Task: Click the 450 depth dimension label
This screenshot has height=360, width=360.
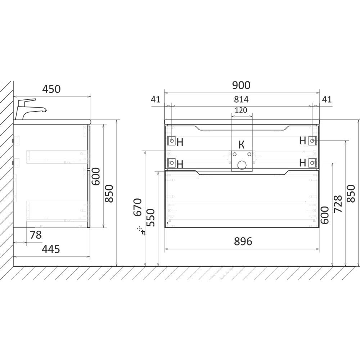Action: pyautogui.click(x=51, y=89)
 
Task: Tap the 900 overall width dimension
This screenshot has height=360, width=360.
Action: pyautogui.click(x=241, y=85)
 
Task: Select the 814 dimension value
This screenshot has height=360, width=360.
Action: pyautogui.click(x=241, y=99)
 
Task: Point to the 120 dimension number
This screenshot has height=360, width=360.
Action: pyautogui.click(x=241, y=110)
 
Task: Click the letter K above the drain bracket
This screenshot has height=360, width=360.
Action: pyautogui.click(x=242, y=145)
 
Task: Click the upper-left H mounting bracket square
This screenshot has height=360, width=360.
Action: pyautogui.click(x=171, y=140)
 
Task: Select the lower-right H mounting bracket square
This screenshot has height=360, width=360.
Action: pyautogui.click(x=312, y=163)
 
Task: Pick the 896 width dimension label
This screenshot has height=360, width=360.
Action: pyautogui.click(x=243, y=242)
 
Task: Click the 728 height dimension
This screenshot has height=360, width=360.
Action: pyautogui.click(x=338, y=204)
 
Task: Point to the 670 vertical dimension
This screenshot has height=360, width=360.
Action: pyautogui.click(x=138, y=207)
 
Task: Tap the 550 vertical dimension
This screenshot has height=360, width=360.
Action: pyautogui.click(x=151, y=217)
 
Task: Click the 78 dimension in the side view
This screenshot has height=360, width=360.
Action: pyautogui.click(x=36, y=235)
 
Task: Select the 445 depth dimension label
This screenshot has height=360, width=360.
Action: pyautogui.click(x=51, y=249)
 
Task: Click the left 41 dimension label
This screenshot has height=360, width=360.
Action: pyautogui.click(x=156, y=100)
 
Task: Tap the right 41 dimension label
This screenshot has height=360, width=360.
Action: pyautogui.click(x=327, y=99)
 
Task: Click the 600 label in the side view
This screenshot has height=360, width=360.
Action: pyautogui.click(x=96, y=176)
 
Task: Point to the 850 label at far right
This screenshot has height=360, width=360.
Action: pyautogui.click(x=351, y=193)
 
